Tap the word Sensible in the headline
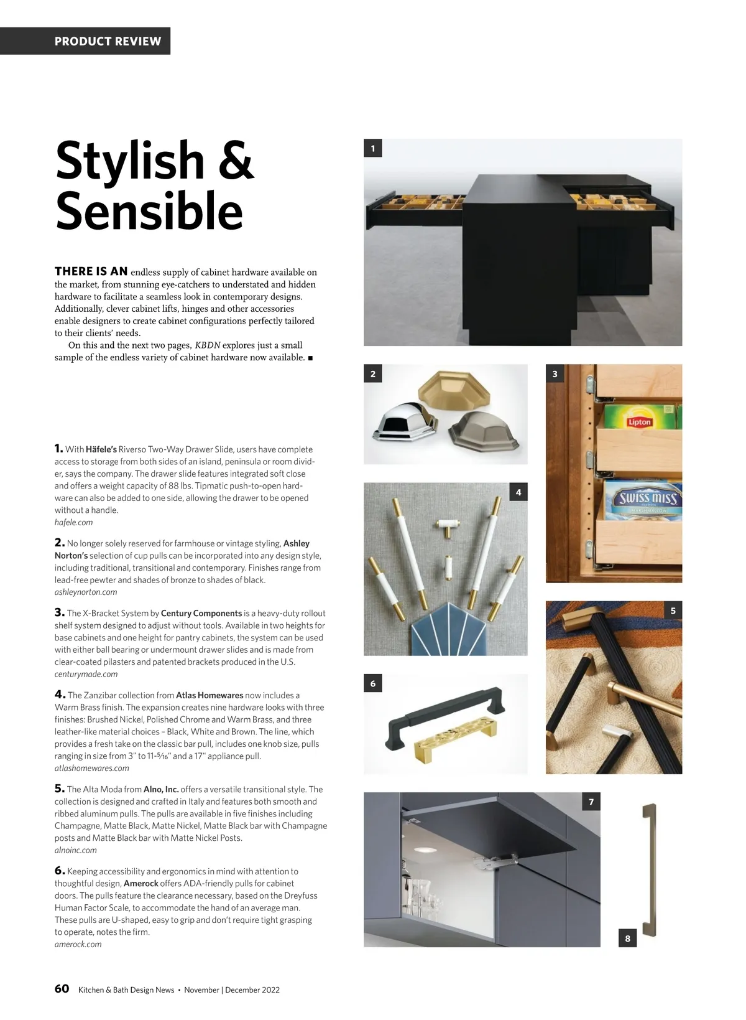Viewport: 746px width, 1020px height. coord(149,212)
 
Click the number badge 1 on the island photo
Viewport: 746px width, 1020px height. coord(373,148)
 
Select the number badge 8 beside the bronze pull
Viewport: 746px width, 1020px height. coord(627,938)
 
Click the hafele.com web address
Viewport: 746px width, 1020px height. coord(73,522)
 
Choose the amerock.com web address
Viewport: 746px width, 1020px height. coord(78,944)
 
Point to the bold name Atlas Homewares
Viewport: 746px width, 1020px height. coord(210,695)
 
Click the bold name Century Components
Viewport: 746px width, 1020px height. coord(201,613)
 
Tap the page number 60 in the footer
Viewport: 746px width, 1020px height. coord(62,989)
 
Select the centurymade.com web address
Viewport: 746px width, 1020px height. coord(86,674)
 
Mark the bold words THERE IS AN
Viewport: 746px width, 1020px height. coord(91,271)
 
